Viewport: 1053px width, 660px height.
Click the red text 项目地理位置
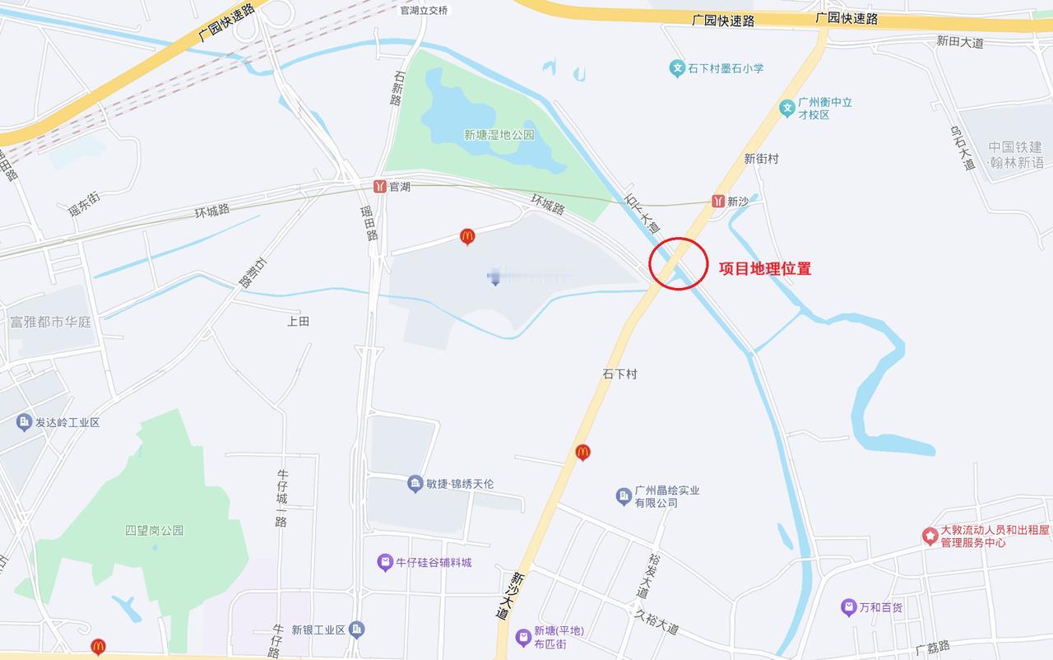pos(764,268)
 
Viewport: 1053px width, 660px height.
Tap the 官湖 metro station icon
pos(379,186)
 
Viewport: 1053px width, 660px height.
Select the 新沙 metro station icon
pos(718,201)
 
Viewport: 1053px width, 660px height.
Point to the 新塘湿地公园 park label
pos(499,135)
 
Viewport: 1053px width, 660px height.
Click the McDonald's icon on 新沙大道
pos(582,451)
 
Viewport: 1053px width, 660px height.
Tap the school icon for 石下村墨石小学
pos(676,68)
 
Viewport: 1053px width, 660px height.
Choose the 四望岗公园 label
pos(154,530)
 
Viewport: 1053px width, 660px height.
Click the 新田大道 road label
pos(960,41)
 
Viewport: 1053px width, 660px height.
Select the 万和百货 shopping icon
pos(848,607)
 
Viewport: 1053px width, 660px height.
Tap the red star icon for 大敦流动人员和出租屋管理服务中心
pos(930,536)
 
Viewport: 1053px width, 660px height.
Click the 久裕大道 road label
pos(656,621)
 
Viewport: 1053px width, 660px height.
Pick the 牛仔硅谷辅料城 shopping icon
pos(384,563)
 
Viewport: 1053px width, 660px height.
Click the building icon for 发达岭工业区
pos(24,422)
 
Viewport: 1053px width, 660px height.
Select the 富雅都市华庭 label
pos(50,321)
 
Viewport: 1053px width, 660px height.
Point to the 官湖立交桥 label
pos(424,11)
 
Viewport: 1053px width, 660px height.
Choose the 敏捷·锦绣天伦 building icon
pos(415,483)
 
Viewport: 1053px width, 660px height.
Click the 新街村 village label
pos(761,158)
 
